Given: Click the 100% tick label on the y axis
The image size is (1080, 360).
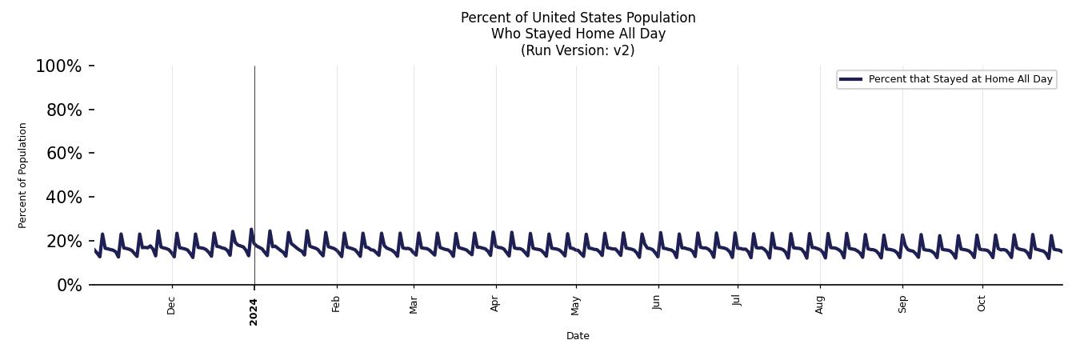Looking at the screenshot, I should [x=58, y=66].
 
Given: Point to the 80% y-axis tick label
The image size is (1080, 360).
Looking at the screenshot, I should [x=64, y=110].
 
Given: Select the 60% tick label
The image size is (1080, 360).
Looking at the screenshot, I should [x=64, y=154].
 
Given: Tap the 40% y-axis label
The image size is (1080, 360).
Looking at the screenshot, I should [x=64, y=198].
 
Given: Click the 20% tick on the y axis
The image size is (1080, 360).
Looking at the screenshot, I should [x=64, y=242].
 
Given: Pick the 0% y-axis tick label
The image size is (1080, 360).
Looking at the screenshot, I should [x=69, y=286].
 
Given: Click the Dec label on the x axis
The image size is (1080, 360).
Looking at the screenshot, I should [x=171, y=305].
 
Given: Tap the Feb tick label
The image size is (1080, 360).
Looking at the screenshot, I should [x=336, y=304].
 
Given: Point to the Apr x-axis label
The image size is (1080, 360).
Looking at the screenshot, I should [x=495, y=304].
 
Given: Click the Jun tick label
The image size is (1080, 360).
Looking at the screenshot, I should [x=657, y=304].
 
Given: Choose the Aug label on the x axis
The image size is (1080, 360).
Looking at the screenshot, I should [x=819, y=304].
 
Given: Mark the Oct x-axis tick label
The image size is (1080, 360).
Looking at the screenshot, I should [x=982, y=304].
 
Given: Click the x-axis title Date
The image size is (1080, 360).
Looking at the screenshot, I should [x=578, y=336].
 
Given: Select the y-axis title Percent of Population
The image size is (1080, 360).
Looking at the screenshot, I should [x=23, y=175].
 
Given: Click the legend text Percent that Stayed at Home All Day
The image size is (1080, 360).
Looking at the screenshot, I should [x=960, y=79].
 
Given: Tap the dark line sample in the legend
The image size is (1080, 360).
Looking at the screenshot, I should [x=850, y=79].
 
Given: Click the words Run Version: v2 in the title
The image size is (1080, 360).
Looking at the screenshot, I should [x=578, y=50].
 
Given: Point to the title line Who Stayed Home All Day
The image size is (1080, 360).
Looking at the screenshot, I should [x=578, y=34].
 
